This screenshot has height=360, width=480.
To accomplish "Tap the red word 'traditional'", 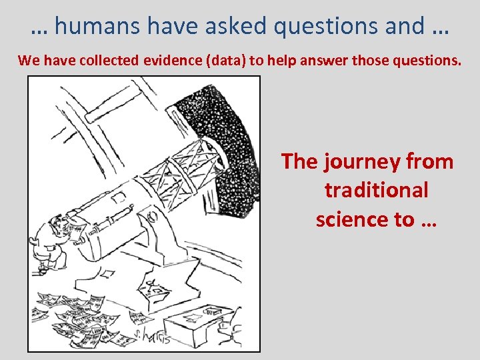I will pos(377,190).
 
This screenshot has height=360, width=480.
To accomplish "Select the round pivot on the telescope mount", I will pos(152,215).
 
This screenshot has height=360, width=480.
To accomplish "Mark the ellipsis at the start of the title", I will pos(39,26).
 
